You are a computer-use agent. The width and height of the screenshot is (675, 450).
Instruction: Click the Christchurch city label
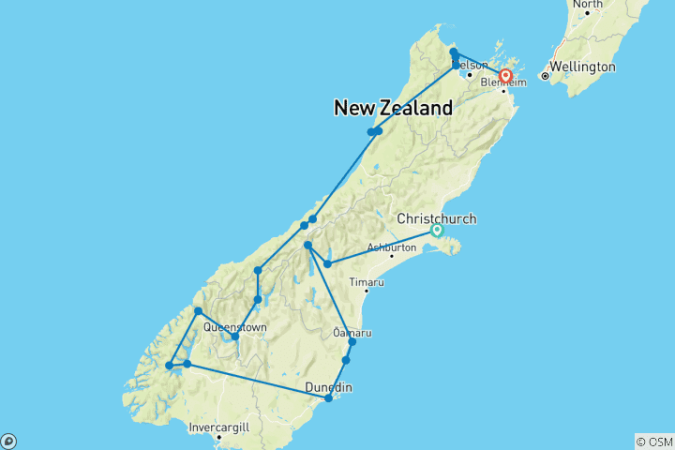(437, 218)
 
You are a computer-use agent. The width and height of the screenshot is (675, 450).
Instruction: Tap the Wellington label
(583, 67)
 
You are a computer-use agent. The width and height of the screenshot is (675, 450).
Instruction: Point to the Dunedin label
(326, 387)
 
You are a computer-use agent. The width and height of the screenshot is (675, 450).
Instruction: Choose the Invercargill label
(217, 427)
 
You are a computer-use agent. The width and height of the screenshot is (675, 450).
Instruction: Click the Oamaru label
(352, 333)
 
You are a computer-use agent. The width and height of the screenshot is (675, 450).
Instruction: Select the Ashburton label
(392, 247)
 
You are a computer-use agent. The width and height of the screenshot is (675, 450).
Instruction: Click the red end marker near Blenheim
(506, 76)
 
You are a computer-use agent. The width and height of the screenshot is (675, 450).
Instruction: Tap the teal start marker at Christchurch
(437, 231)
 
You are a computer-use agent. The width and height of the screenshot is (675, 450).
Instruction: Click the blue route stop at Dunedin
(328, 398)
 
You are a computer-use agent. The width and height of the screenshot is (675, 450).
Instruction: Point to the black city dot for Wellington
(544, 75)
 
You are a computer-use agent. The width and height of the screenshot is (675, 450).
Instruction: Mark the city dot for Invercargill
(217, 436)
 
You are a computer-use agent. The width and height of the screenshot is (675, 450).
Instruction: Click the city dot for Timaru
(367, 291)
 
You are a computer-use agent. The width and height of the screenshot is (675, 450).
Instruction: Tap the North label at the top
(588, 4)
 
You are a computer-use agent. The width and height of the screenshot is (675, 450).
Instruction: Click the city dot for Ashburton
(392, 256)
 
